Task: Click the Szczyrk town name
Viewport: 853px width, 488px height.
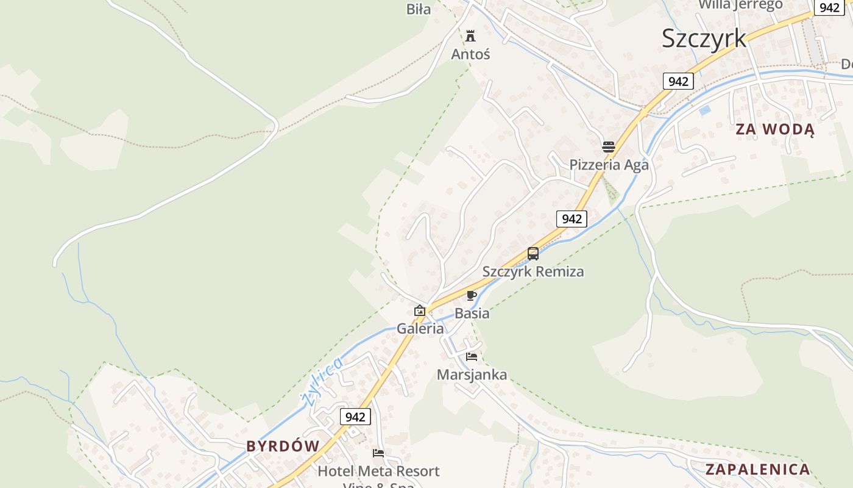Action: pos(704,38)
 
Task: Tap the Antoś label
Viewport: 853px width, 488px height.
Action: pos(470,54)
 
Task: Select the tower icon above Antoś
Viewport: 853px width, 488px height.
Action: pos(470,35)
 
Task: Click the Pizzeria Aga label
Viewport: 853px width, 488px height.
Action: pos(609,165)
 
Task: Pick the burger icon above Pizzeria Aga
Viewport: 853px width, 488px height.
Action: pos(609,147)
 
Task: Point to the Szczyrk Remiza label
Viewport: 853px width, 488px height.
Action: pos(533,271)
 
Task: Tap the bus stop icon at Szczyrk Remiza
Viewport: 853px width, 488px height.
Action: pos(533,254)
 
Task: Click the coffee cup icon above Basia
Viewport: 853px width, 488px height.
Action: pos(471,296)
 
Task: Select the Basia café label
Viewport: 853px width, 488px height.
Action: pos(472,313)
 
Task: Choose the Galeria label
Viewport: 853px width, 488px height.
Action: pos(420,328)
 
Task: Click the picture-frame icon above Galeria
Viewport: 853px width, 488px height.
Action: pos(420,311)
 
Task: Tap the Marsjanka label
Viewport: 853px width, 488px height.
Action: pos(472,375)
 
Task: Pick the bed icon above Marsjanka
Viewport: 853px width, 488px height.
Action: pos(472,357)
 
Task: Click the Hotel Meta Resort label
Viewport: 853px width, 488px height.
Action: pos(378,471)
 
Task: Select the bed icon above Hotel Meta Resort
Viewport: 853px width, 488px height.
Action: pos(378,453)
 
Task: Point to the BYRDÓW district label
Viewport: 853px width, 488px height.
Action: pos(283,446)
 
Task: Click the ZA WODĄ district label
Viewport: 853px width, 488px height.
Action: pos(774,129)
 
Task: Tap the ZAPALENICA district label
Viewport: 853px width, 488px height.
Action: pos(758,469)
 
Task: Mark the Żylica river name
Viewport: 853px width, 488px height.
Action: pos(322,381)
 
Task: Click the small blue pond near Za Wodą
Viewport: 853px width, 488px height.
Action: pos(705,111)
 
